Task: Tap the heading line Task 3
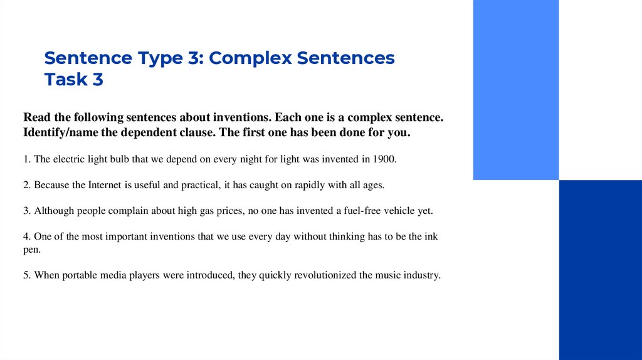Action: [x=74, y=80]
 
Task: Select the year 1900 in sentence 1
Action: [x=384, y=159]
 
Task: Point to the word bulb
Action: [x=119, y=159]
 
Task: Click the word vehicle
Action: [x=401, y=211]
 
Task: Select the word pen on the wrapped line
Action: [x=31, y=249]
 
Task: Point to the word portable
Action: [x=82, y=275]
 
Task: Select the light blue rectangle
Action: [x=515, y=90]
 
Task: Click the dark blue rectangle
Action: [x=600, y=270]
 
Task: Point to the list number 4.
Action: [x=26, y=236]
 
